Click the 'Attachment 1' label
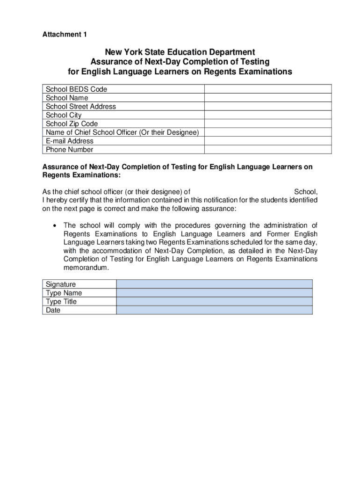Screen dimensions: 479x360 (x=65, y=35)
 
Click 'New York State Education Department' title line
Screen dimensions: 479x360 (x=180, y=52)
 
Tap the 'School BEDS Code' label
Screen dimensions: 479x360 (x=76, y=89)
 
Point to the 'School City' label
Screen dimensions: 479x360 (x=64, y=115)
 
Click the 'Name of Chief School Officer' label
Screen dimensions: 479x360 (x=122, y=132)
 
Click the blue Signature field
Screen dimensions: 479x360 (x=214, y=284)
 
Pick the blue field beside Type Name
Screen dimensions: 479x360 (x=214, y=293)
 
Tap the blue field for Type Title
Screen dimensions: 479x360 (x=214, y=301)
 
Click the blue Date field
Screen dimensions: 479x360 (x=214, y=310)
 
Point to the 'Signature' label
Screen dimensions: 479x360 (x=61, y=284)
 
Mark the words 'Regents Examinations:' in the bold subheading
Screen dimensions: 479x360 (x=81, y=175)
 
